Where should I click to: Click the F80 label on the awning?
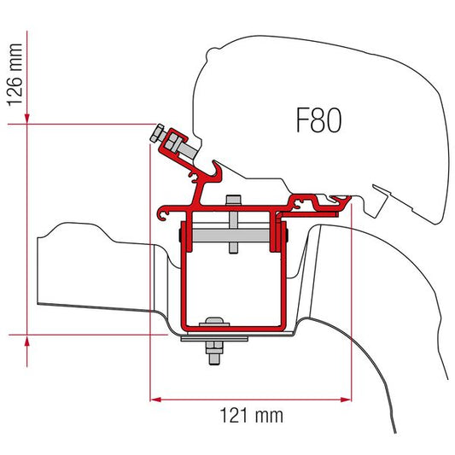(x=318, y=121)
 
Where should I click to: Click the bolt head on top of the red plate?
(x=231, y=202)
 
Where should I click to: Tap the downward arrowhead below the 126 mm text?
(x=29, y=116)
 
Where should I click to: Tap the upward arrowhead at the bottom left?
(x=29, y=340)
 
